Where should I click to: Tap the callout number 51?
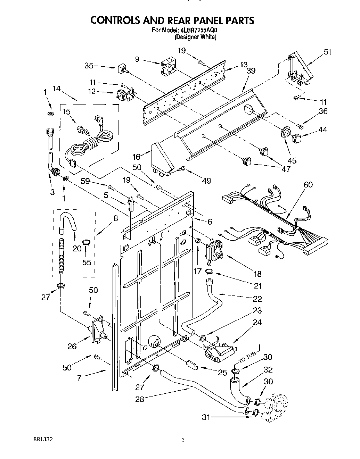coord(327,52)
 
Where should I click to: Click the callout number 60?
coord(308,185)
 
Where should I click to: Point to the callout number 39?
coord(251,70)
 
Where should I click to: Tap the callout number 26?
coord(72,346)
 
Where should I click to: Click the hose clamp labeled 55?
coord(87,242)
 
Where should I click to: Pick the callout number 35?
coord(89,65)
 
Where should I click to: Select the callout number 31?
coord(206,418)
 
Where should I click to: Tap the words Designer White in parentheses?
coord(195,37)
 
